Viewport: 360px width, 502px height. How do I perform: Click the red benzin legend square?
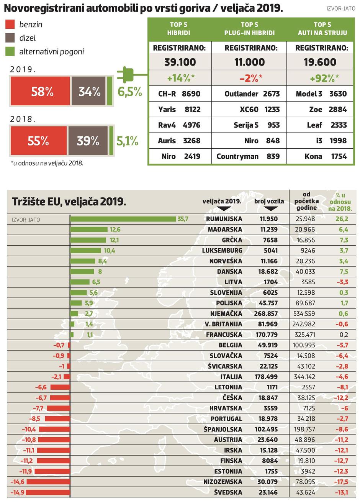(10, 25)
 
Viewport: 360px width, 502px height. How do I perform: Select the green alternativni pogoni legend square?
(10, 51)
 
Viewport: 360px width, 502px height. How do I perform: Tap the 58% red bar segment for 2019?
(40, 91)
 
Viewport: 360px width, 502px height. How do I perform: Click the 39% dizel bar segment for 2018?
(88, 141)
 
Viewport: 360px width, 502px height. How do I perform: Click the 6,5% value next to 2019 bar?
(130, 92)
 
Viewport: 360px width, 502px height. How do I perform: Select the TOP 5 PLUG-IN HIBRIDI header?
(249, 29)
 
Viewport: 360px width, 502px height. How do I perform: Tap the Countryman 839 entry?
(248, 156)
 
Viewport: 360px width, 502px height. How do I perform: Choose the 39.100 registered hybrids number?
(180, 62)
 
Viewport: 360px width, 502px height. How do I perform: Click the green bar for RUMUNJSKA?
(123, 219)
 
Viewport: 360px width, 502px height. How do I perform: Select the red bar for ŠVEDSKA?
(48, 492)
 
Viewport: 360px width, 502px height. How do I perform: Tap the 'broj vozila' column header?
(269, 201)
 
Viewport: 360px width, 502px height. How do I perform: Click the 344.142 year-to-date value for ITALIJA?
(304, 377)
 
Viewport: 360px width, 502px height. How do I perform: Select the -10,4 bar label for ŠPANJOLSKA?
(29, 429)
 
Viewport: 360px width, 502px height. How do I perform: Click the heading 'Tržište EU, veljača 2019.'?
(69, 202)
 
